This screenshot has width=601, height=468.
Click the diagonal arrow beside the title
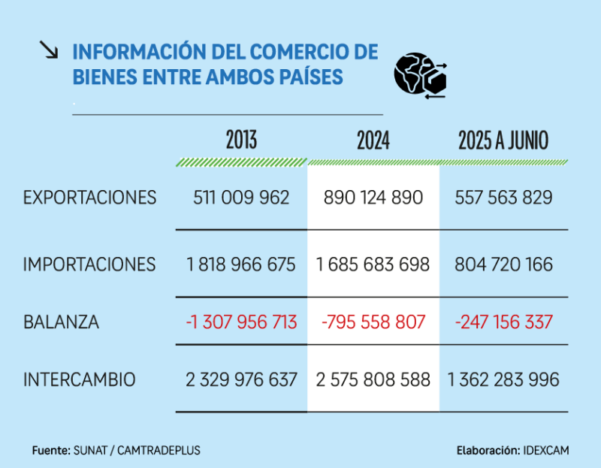(49, 50)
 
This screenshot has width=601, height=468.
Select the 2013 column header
(241, 140)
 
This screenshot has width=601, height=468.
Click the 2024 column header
(373, 140)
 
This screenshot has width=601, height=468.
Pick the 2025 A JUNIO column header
(503, 140)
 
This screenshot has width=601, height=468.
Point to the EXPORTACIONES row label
(90, 198)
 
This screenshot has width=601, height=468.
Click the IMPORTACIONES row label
(90, 264)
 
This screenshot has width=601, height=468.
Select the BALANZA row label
(62, 322)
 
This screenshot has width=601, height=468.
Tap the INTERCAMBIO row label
(80, 380)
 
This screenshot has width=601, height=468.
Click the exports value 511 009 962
(241, 198)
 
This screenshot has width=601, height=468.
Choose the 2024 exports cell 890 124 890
(373, 198)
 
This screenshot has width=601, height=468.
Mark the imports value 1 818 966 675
(241, 264)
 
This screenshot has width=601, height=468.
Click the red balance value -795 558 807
(373, 322)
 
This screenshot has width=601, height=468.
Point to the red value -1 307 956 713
(241, 322)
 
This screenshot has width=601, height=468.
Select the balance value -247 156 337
(503, 322)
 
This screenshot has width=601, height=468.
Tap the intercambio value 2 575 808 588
(373, 380)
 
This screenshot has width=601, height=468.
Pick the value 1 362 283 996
(503, 380)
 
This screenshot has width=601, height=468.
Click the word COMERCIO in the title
(292, 53)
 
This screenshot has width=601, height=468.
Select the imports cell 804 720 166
(503, 264)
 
